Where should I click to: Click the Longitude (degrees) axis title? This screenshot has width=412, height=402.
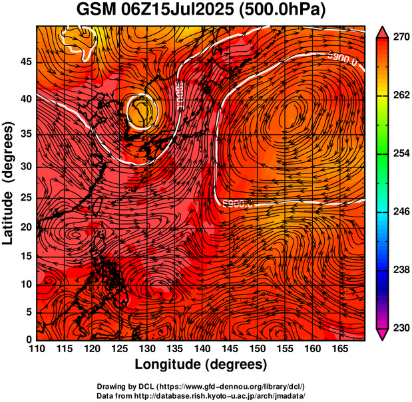point(201,365)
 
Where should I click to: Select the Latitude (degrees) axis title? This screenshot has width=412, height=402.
point(9,183)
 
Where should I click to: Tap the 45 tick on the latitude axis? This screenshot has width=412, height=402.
point(25,61)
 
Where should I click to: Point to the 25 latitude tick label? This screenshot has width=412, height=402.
point(25,198)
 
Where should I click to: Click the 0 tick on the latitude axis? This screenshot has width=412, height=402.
point(29,340)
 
